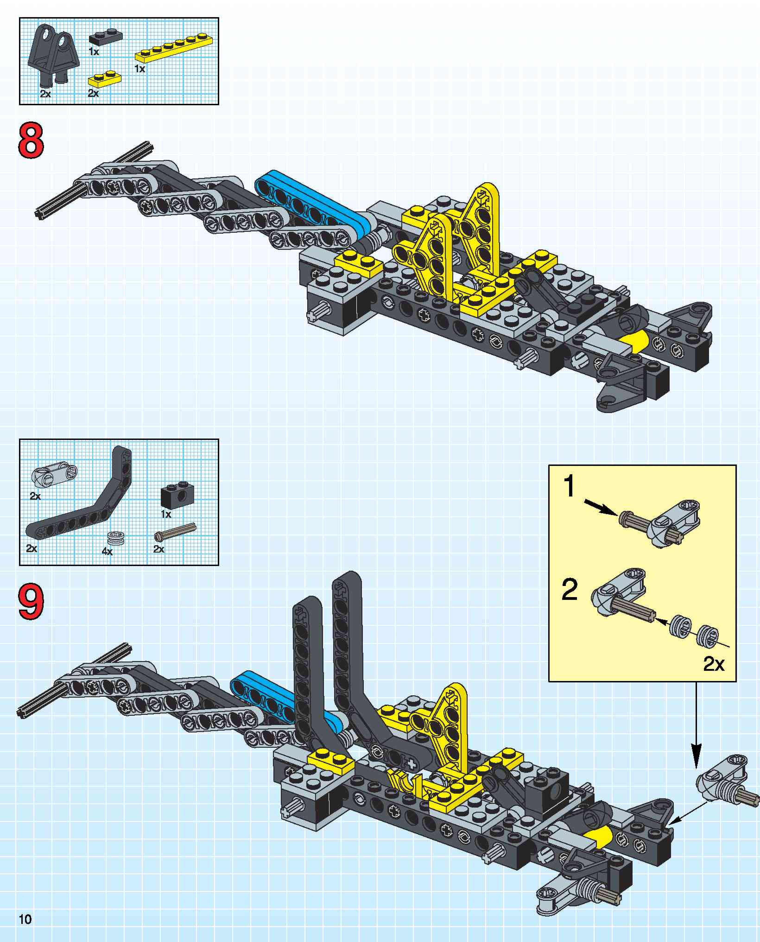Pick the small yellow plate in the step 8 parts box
pyautogui.click(x=105, y=78)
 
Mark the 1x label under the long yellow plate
pyautogui.click(x=140, y=69)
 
